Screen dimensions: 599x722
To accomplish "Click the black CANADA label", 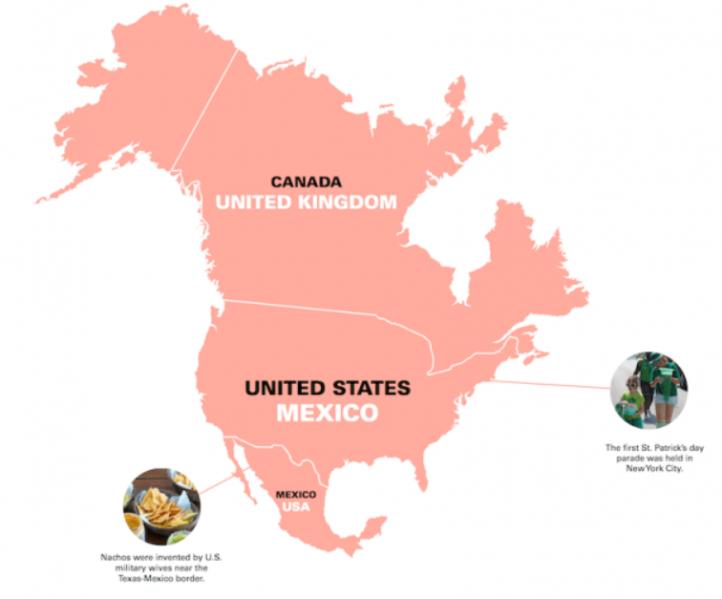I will pyautogui.click(x=305, y=182).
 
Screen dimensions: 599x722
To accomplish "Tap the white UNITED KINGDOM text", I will pyautogui.click(x=305, y=203).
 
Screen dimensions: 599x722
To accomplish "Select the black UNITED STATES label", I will pyautogui.click(x=328, y=389).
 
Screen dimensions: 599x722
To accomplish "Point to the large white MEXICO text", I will pyautogui.click(x=328, y=414).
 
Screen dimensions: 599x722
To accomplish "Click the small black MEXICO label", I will pyautogui.click(x=295, y=494).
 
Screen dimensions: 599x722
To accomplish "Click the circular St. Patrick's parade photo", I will pyautogui.click(x=648, y=389).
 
